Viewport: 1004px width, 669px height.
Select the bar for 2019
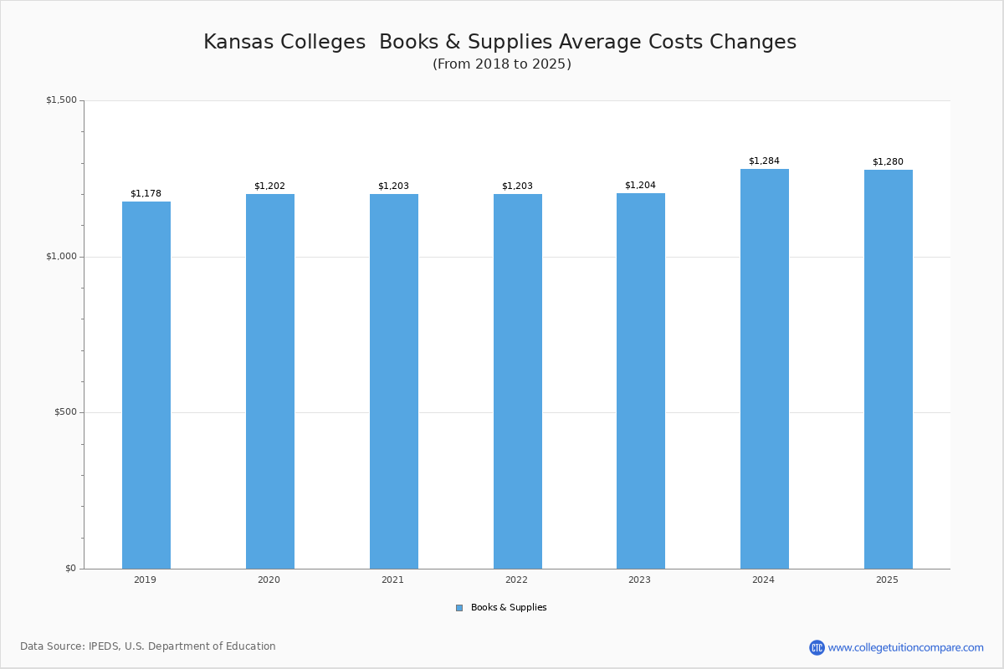click(x=146, y=385)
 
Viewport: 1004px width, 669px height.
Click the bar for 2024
click(x=765, y=369)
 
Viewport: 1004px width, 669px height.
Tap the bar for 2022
click(x=518, y=381)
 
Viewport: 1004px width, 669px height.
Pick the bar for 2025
click(x=889, y=369)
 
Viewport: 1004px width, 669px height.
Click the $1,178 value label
click(x=146, y=194)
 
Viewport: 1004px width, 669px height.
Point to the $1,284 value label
click(x=764, y=161)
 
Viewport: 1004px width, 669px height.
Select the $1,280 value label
click(x=888, y=162)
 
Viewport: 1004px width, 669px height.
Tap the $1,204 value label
click(x=640, y=186)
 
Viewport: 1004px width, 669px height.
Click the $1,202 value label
click(x=269, y=186)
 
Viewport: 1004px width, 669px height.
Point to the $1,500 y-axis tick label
click(x=61, y=100)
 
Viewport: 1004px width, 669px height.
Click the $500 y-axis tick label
click(x=65, y=412)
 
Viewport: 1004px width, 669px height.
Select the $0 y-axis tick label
click(x=70, y=569)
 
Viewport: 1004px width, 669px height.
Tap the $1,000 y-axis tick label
click(x=61, y=257)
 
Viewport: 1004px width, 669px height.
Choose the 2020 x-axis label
click(x=269, y=580)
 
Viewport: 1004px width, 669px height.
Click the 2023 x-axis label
click(x=639, y=580)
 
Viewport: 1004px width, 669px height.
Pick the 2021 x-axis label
click(x=392, y=580)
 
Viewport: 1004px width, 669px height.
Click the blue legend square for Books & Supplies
click(x=459, y=608)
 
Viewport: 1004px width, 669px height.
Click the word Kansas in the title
click(x=239, y=43)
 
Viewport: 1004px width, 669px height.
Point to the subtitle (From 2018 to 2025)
click(x=502, y=64)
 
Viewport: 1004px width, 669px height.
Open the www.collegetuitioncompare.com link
click(x=905, y=647)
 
